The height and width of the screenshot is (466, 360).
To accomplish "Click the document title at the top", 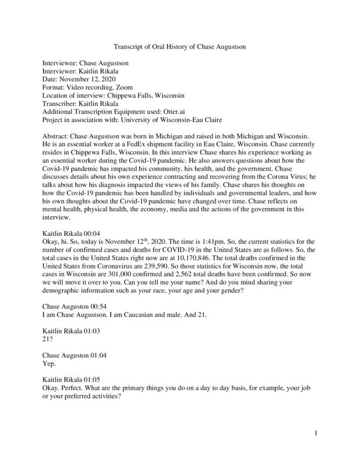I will point(179,47).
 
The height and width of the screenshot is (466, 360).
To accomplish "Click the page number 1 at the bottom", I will point(315,433).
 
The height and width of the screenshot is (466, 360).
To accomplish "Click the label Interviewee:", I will point(61,62).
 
